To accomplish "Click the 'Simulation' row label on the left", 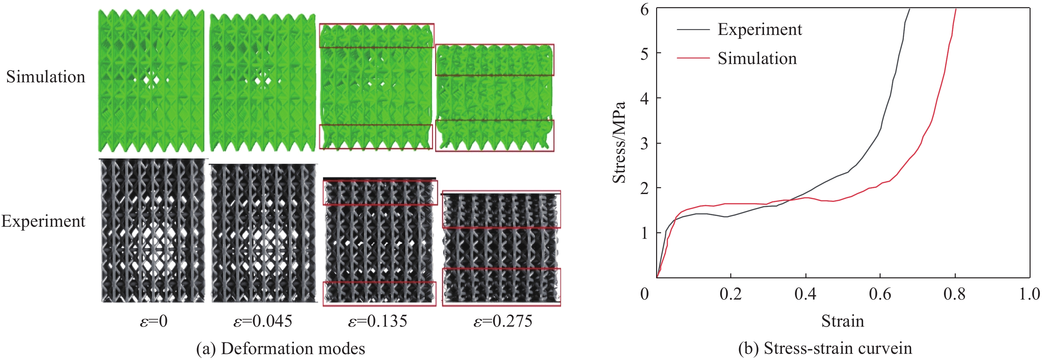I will (46, 77).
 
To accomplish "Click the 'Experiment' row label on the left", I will (43, 221).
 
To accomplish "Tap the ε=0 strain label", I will (153, 321).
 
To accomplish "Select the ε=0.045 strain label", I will (263, 321).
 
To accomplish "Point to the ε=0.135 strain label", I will (378, 321).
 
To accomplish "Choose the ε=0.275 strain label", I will (503, 321).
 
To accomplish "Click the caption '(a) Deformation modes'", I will (280, 348).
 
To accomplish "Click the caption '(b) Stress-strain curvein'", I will (825, 348).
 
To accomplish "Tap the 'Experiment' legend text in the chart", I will (760, 29).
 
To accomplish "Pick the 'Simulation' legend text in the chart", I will (757, 59).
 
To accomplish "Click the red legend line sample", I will (693, 59).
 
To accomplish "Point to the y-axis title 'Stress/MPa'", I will (619, 142).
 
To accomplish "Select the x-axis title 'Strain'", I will (843, 321).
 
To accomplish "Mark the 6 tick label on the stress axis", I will (644, 9).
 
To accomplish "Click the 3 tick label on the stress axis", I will (644, 143).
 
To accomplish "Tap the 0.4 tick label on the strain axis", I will (805, 294).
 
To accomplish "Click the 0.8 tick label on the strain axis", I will (955, 294).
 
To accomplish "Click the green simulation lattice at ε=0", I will (151, 81).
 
